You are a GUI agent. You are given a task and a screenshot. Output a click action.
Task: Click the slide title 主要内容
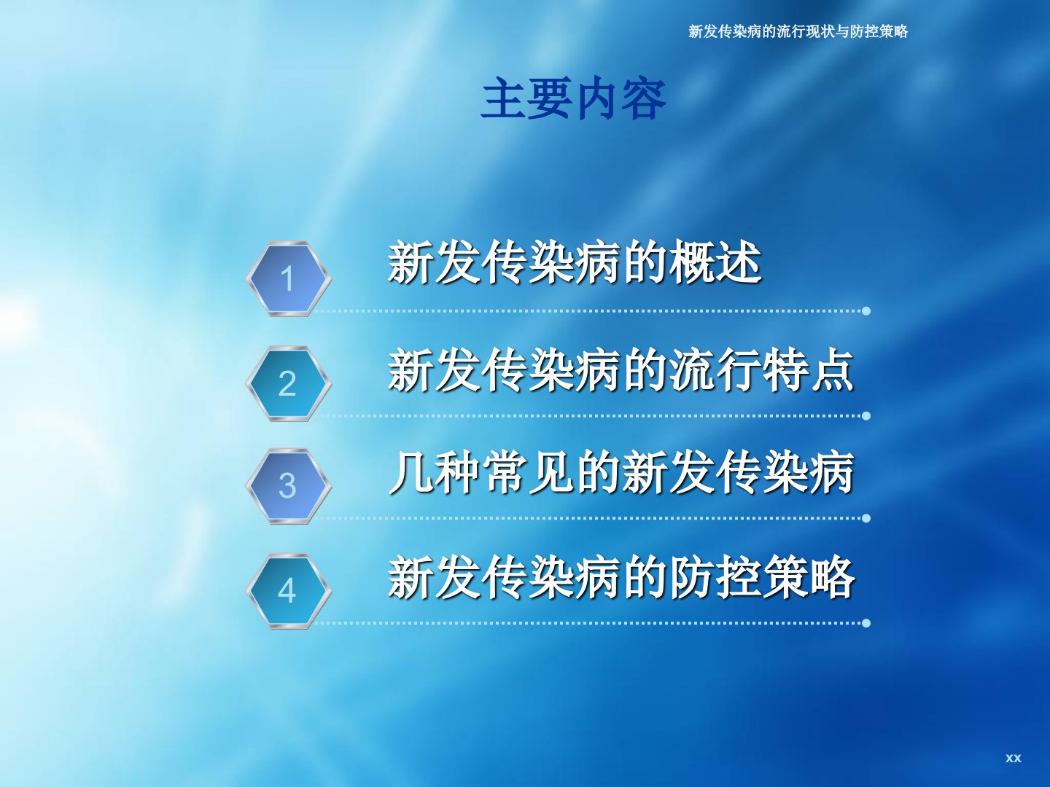pos(573,99)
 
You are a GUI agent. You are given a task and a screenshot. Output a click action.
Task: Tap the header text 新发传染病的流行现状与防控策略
pos(798,31)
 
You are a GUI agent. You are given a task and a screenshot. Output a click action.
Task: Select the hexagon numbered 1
pos(289,278)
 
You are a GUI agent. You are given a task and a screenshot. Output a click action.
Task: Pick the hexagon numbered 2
pos(289,384)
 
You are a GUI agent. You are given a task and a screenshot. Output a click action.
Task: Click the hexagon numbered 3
pos(289,486)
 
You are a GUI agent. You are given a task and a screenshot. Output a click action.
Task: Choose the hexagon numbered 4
pos(289,591)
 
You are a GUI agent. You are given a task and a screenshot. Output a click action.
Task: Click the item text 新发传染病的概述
pos(575,262)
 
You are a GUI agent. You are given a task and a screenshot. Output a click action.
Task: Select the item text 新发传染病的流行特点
pos(621,371)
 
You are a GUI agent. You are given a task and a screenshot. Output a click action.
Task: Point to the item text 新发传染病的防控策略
pos(621,577)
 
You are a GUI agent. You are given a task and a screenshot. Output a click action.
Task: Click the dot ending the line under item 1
pos(866,311)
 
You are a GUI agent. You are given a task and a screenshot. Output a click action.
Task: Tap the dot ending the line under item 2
pos(866,415)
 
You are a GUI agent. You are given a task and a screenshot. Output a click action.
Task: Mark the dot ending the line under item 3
pos(866,518)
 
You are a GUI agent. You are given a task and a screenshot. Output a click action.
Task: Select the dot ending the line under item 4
pos(866,623)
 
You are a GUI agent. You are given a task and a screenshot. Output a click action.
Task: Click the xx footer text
pos(1013,758)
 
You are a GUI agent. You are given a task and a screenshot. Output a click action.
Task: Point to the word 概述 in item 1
pos(715,262)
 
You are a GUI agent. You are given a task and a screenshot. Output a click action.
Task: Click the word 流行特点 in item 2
pos(761,371)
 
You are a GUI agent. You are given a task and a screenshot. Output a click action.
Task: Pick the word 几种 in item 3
pos(435,473)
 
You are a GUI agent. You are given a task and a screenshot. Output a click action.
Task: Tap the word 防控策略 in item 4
pos(761,577)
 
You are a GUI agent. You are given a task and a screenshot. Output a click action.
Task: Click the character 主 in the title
pos(502,99)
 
